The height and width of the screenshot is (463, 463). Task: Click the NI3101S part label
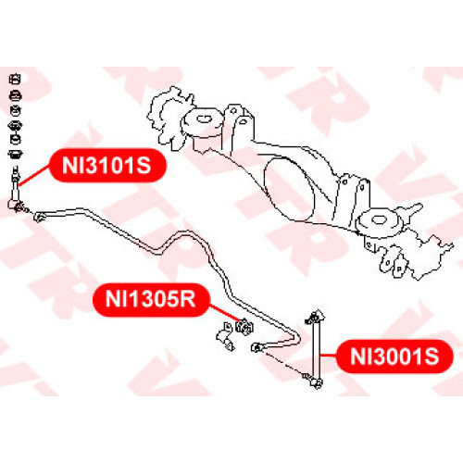tap(107, 166)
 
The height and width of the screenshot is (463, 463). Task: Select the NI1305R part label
tap(151, 299)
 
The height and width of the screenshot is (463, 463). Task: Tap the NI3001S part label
tap(394, 357)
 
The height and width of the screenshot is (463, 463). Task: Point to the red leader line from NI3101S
tap(34, 176)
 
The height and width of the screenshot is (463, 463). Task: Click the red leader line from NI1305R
tap(225, 313)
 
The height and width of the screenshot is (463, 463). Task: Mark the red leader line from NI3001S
tap(329, 356)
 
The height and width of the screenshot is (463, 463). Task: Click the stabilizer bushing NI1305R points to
tap(244, 327)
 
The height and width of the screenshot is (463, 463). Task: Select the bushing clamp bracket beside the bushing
tap(225, 336)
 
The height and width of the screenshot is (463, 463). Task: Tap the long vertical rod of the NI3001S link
tap(315, 350)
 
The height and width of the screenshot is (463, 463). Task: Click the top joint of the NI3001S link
tap(316, 317)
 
